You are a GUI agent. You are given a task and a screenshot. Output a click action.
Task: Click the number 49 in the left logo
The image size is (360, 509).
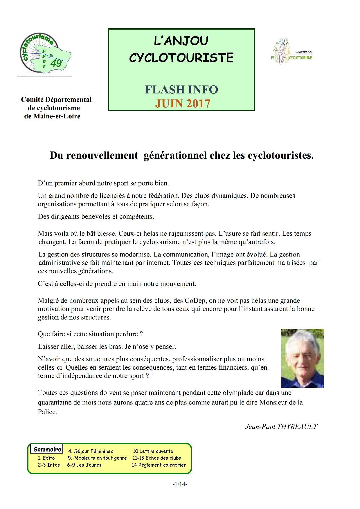56,63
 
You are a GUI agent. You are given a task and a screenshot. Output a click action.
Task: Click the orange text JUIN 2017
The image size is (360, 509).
182,103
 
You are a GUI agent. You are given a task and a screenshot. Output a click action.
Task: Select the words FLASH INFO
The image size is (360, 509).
181,90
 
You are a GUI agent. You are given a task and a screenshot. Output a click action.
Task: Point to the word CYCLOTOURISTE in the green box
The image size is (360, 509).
181,58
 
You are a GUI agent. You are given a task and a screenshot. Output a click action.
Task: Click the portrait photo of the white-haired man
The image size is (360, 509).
302,358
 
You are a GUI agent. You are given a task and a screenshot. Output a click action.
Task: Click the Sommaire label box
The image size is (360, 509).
47,449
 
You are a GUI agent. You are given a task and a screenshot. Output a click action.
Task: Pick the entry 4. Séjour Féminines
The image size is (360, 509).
90,451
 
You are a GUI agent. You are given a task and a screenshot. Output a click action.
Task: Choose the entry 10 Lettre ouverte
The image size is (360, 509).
153,451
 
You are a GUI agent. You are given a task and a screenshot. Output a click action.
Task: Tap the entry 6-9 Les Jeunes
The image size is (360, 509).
84,465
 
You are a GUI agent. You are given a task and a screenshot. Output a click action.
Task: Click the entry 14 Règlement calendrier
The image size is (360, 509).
159,465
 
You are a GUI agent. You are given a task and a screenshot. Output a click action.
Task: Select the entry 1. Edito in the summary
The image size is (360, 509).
46,458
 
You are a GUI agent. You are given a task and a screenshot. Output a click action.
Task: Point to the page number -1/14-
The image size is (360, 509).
180,484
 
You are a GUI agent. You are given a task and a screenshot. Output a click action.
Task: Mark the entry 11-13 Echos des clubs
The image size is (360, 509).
156,458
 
